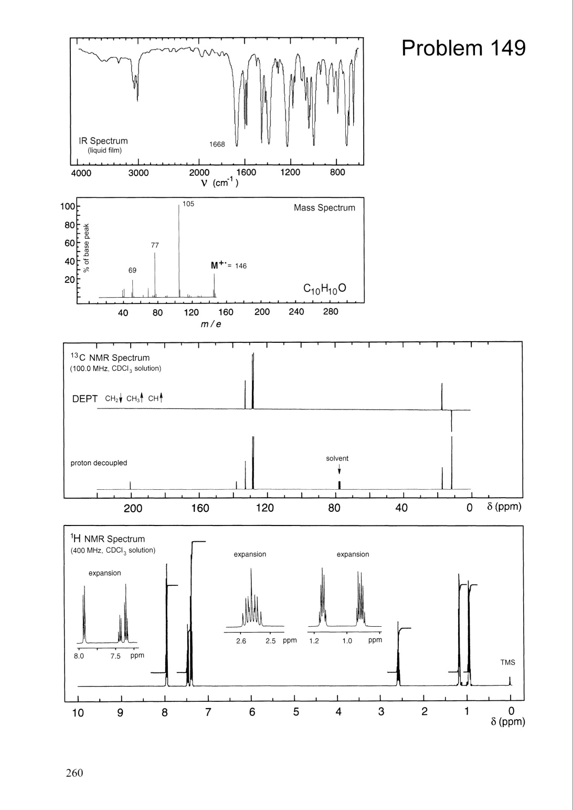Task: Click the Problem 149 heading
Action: [x=463, y=48]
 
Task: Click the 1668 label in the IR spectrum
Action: [x=217, y=144]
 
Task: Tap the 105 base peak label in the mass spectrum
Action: [x=188, y=204]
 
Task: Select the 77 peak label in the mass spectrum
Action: [x=155, y=245]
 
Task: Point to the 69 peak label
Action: [x=132, y=270]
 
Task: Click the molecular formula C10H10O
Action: [x=325, y=289]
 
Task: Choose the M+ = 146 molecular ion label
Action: [x=229, y=266]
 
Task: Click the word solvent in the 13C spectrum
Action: [x=337, y=458]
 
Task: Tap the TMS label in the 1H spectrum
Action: [x=507, y=662]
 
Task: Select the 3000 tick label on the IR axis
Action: [x=139, y=173]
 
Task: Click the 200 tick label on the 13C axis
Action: [x=132, y=508]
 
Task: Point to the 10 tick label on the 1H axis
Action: [x=78, y=713]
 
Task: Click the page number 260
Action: [x=75, y=773]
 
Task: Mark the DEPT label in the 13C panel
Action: [x=84, y=399]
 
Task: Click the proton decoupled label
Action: [x=99, y=463]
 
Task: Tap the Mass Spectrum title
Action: [x=324, y=208]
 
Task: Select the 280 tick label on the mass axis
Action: [x=331, y=312]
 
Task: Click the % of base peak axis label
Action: [x=87, y=248]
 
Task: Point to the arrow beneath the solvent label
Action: [x=339, y=469]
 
